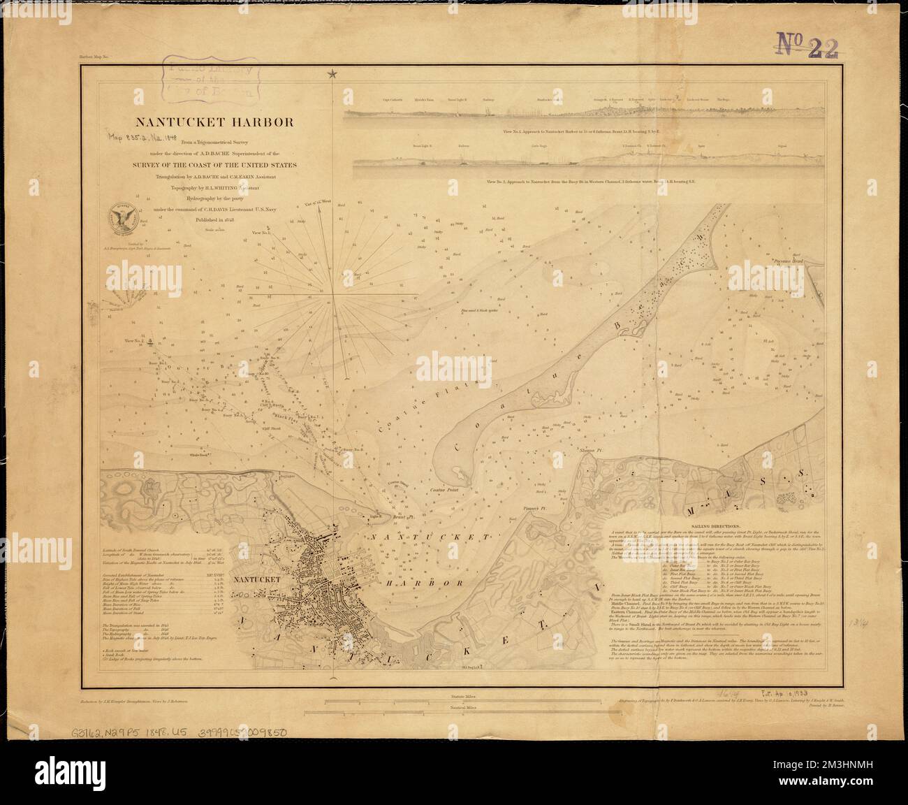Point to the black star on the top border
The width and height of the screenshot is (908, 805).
(x=332, y=73)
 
